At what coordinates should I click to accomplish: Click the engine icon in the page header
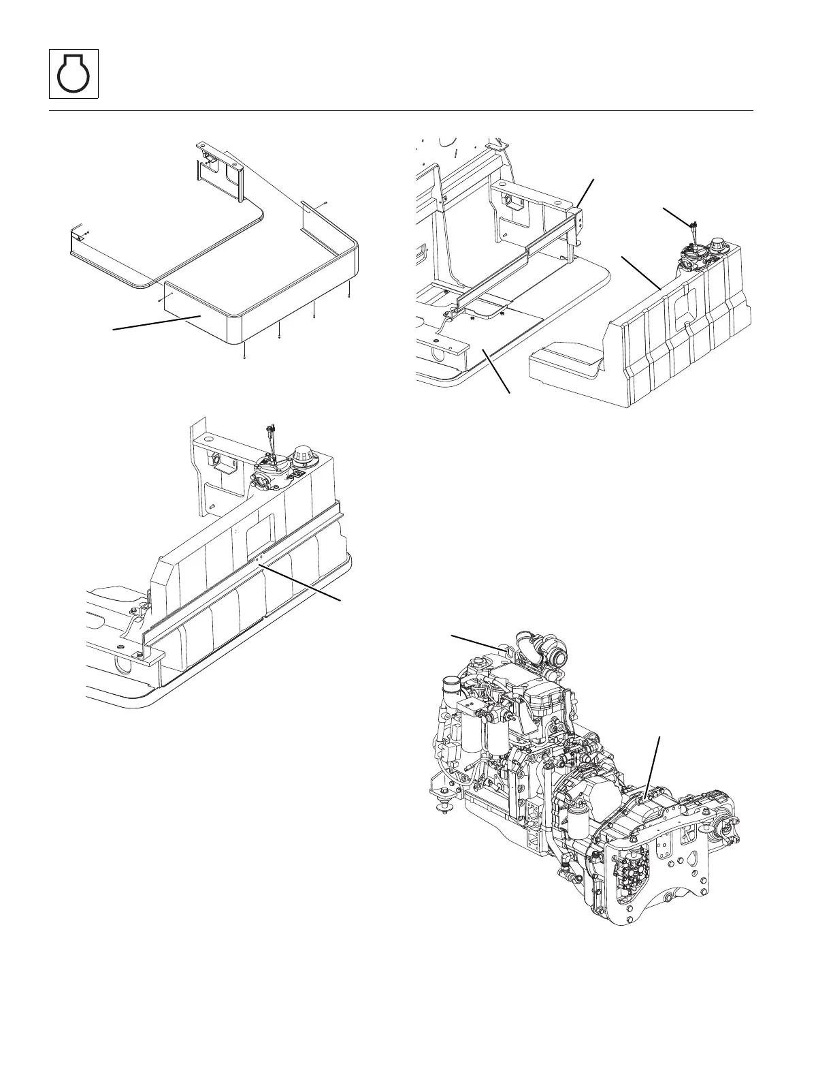pyautogui.click(x=74, y=74)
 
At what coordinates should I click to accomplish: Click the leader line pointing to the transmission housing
pyautogui.click(x=653, y=762)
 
